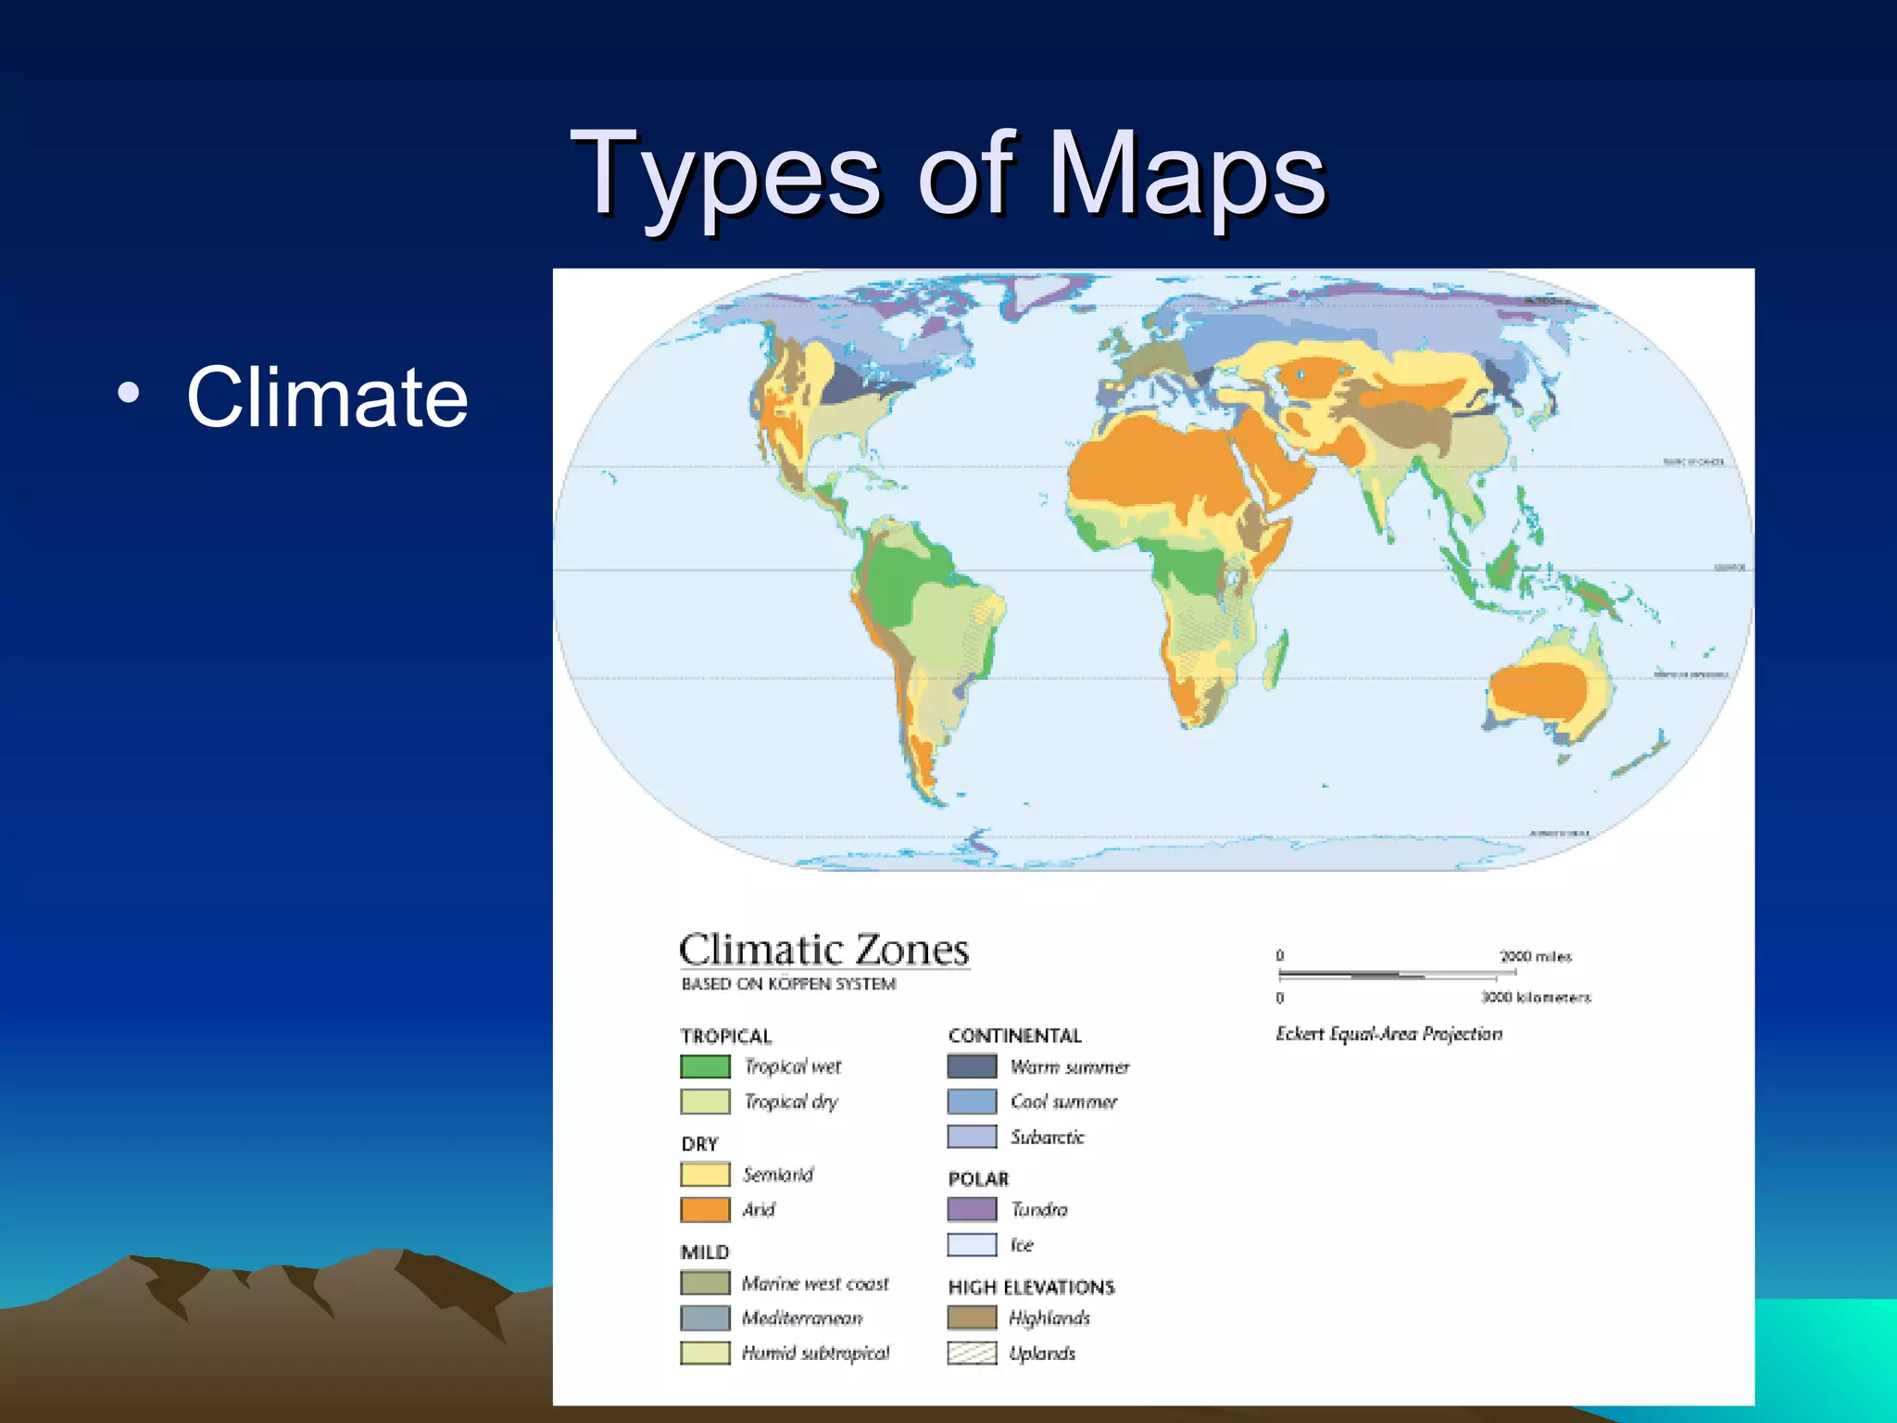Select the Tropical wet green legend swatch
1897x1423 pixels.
coord(705,1066)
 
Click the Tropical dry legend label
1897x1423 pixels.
coord(791,1102)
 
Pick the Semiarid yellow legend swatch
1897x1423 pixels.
coord(705,1174)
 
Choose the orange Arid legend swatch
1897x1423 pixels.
coord(705,1209)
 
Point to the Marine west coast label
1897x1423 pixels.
coord(815,1283)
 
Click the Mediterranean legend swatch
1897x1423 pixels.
coord(705,1317)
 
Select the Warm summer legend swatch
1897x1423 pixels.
coord(972,1066)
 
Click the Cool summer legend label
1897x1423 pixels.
coord(1063,1102)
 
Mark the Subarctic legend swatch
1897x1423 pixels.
coord(972,1137)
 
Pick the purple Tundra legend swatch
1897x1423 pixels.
coord(972,1209)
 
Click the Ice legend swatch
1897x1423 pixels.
coord(972,1244)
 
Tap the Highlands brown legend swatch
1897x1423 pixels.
coord(972,1317)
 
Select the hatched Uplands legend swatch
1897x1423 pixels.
coord(972,1353)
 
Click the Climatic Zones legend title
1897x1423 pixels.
coord(823,951)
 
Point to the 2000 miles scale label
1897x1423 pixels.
coord(1536,956)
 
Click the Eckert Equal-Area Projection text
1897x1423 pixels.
coord(1388,1033)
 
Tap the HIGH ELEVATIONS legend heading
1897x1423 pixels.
coord(1031,1287)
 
